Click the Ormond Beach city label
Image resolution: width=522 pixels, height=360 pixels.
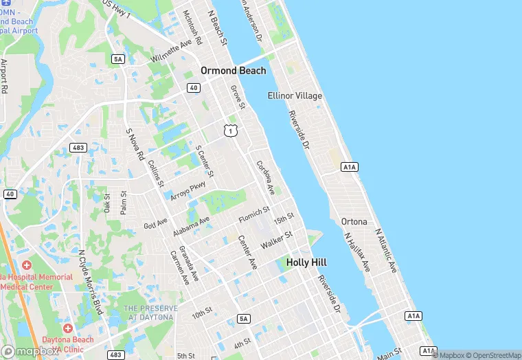[233, 70]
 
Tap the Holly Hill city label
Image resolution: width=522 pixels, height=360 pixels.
[306, 262]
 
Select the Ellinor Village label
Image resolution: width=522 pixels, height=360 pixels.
[295, 95]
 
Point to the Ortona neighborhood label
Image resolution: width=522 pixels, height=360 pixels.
[354, 221]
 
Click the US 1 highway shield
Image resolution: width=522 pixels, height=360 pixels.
[230, 129]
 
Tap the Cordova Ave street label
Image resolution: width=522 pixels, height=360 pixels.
[265, 177]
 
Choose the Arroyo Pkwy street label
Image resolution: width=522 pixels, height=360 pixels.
[188, 190]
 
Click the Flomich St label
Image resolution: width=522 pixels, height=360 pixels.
[254, 213]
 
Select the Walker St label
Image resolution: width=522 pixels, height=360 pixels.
[276, 240]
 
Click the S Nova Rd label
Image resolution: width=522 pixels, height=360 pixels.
[134, 145]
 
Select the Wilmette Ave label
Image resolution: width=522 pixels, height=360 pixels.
[172, 50]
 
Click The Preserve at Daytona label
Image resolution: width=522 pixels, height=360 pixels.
[150, 313]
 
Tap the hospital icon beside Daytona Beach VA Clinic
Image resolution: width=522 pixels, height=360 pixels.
[67, 328]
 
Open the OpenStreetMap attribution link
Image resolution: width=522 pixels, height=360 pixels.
[492, 355]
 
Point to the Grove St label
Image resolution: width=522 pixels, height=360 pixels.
[238, 96]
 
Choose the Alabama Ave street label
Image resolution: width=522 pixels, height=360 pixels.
[190, 225]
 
